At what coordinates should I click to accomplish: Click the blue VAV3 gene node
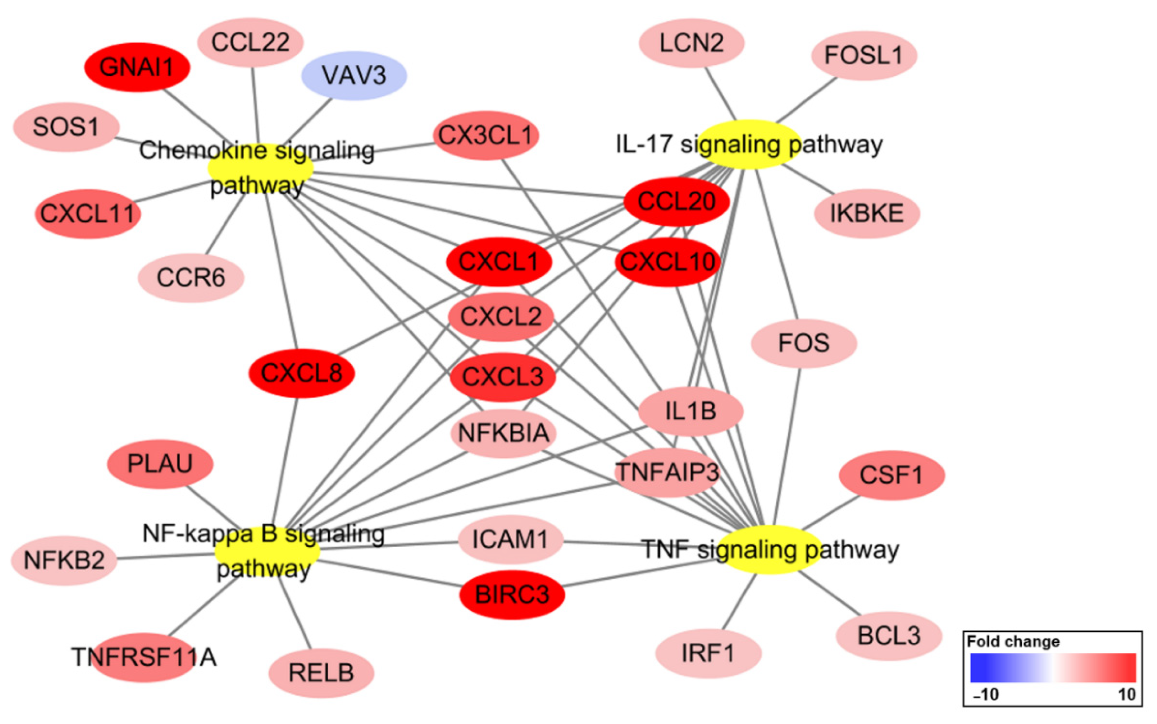pyautogui.click(x=354, y=76)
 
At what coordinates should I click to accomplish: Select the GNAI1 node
pyautogui.click(x=137, y=67)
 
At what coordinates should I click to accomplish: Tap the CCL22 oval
pyautogui.click(x=250, y=42)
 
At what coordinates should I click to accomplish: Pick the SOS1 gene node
pyautogui.click(x=66, y=127)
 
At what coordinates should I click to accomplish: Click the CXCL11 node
pyautogui.click(x=88, y=213)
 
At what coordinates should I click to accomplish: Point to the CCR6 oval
pyautogui.click(x=191, y=278)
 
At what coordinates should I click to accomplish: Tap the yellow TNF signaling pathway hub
pyautogui.click(x=769, y=550)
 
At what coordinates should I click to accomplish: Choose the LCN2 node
pyautogui.click(x=691, y=43)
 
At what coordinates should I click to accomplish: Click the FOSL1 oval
pyautogui.click(x=864, y=55)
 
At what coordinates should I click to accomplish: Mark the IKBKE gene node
pyautogui.click(x=867, y=213)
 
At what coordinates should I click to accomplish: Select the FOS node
pyautogui.click(x=803, y=343)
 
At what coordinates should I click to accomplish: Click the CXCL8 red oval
pyautogui.click(x=301, y=373)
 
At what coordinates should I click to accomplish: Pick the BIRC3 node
pyautogui.click(x=512, y=595)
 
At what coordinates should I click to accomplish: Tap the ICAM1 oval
pyautogui.click(x=510, y=540)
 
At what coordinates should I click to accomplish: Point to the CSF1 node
pyautogui.click(x=891, y=475)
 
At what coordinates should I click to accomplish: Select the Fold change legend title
pyautogui.click(x=1013, y=642)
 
